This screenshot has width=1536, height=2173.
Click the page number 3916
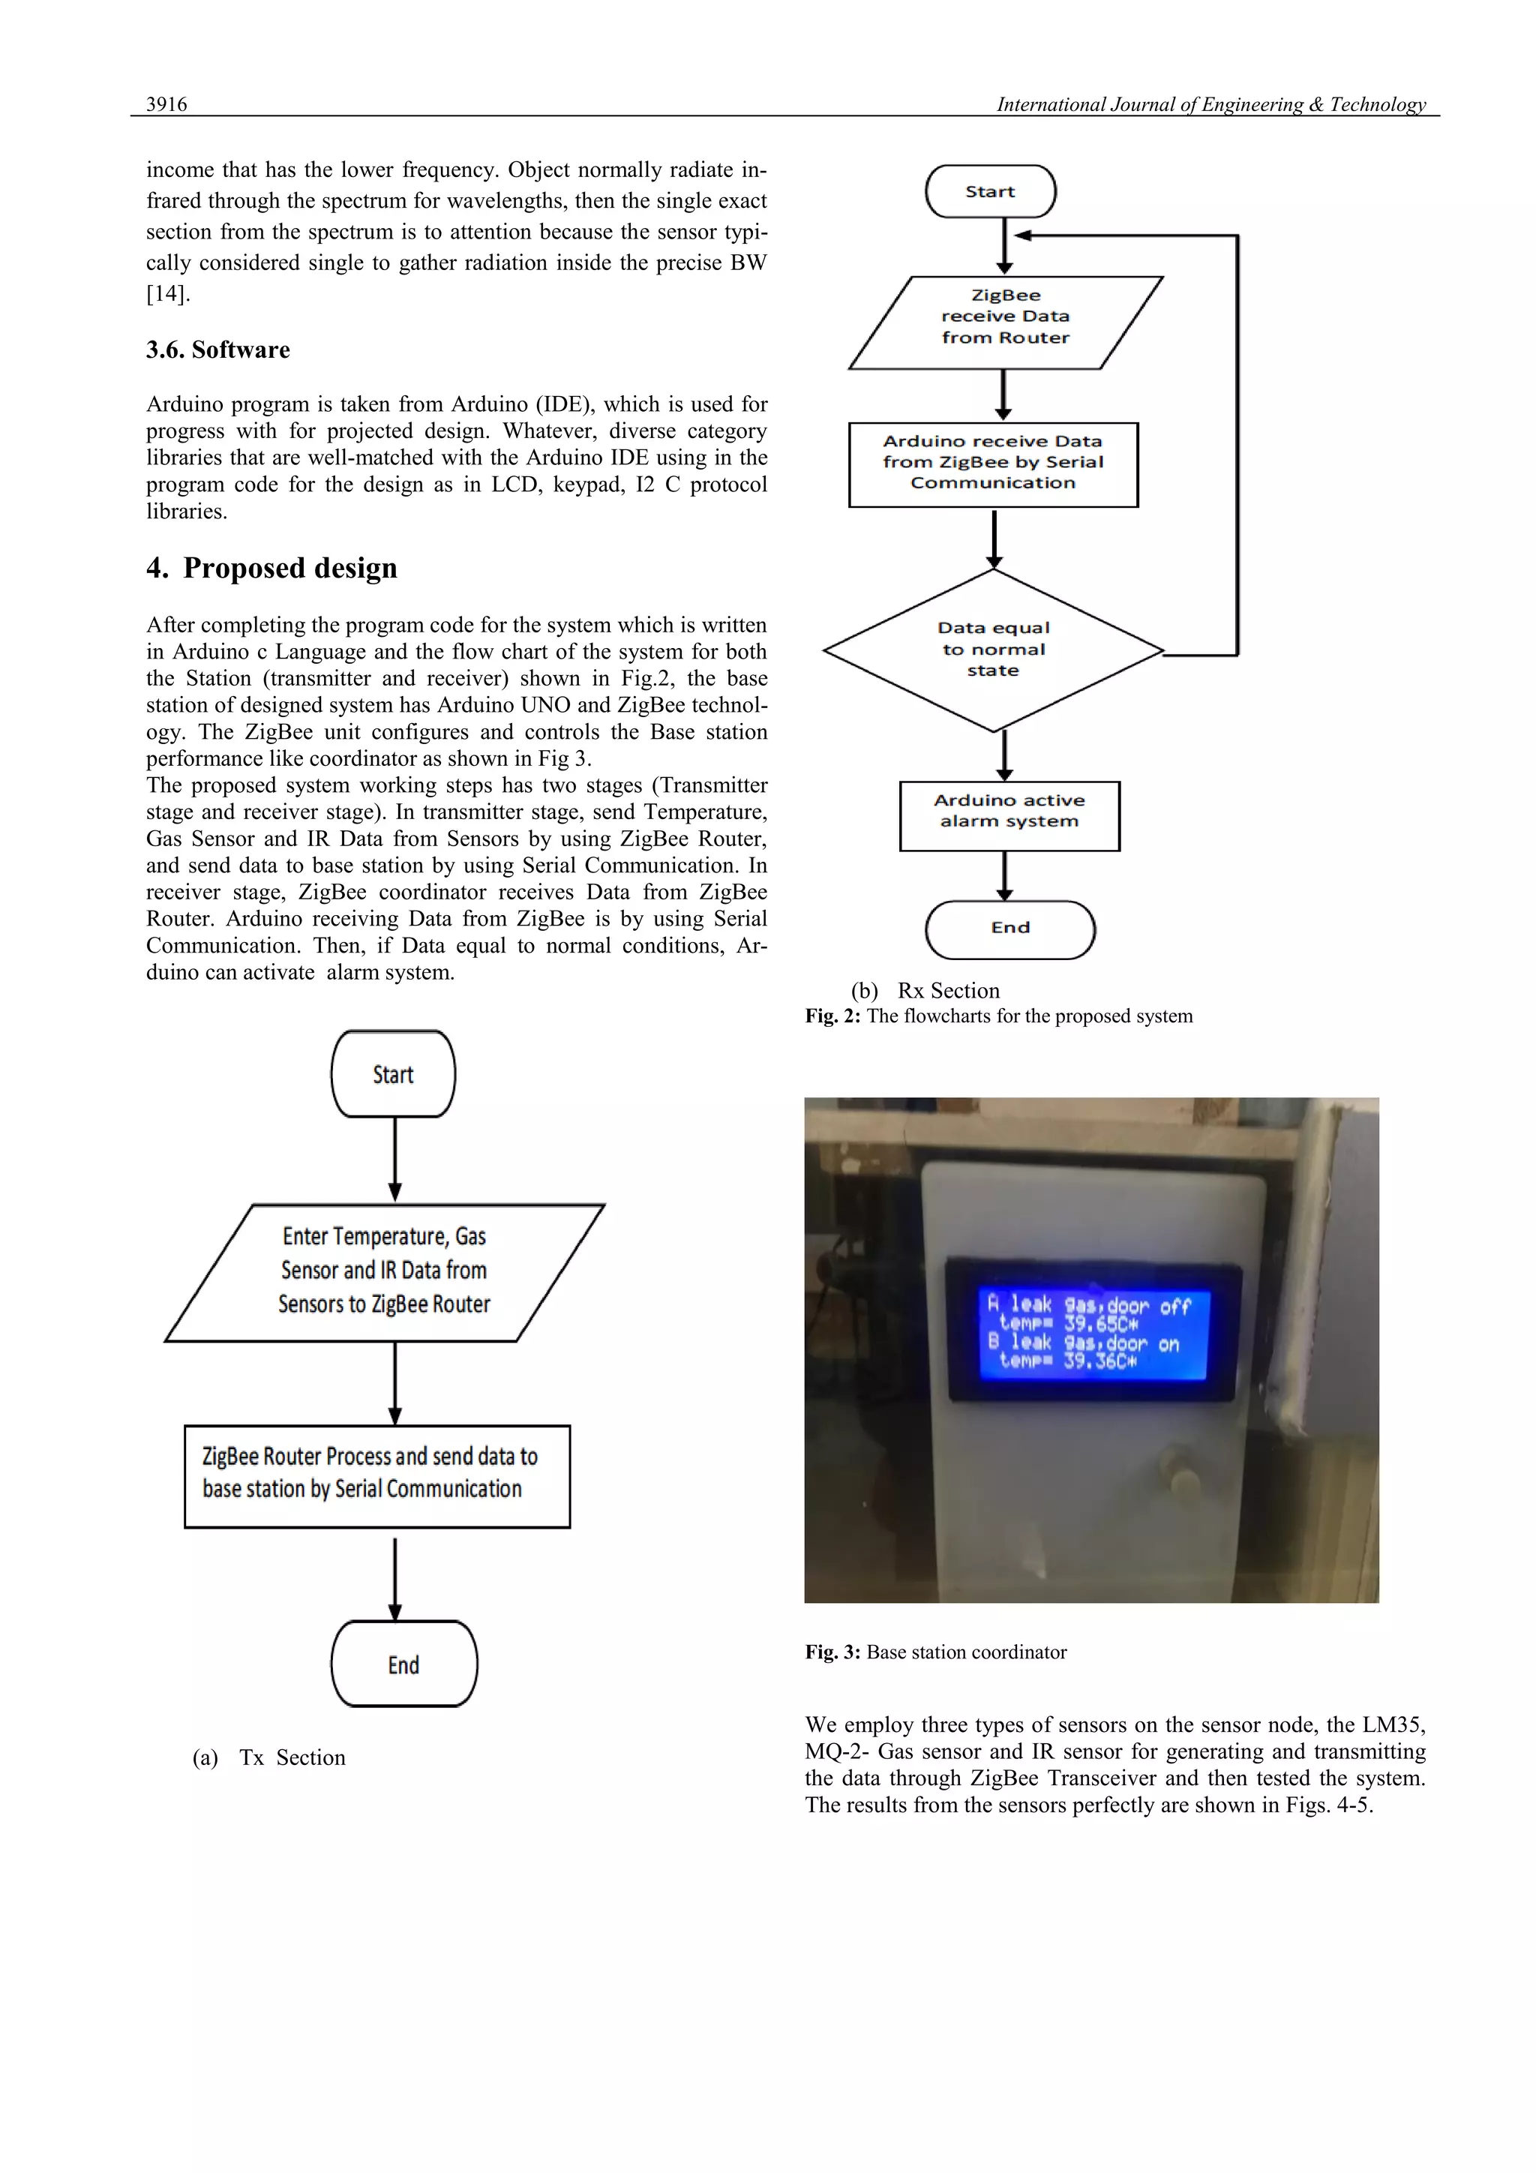(166, 104)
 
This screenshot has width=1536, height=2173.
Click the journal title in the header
(1210, 104)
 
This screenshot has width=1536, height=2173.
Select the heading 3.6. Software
(217, 350)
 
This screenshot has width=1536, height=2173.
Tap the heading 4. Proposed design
(271, 568)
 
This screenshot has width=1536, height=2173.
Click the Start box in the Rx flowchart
(990, 191)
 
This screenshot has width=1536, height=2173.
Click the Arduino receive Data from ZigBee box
(993, 463)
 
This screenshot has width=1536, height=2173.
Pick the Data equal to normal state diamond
(993, 650)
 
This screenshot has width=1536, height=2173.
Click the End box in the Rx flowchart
(1009, 929)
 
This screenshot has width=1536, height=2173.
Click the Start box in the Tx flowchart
(393, 1074)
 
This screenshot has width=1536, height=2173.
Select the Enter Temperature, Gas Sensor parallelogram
(384, 1271)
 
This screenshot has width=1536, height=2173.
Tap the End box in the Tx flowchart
(404, 1664)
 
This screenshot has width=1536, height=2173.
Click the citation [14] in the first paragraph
(167, 293)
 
